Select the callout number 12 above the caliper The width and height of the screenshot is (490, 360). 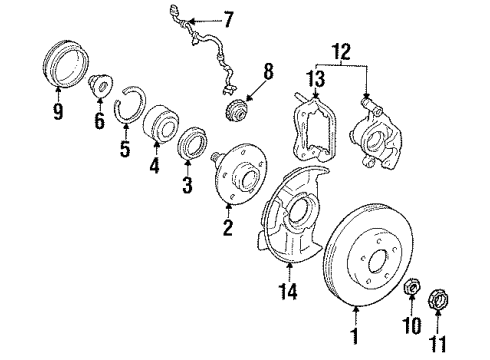(x=343, y=47)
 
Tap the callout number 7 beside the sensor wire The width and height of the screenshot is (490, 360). (x=229, y=18)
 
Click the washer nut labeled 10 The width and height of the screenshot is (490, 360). (x=410, y=291)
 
